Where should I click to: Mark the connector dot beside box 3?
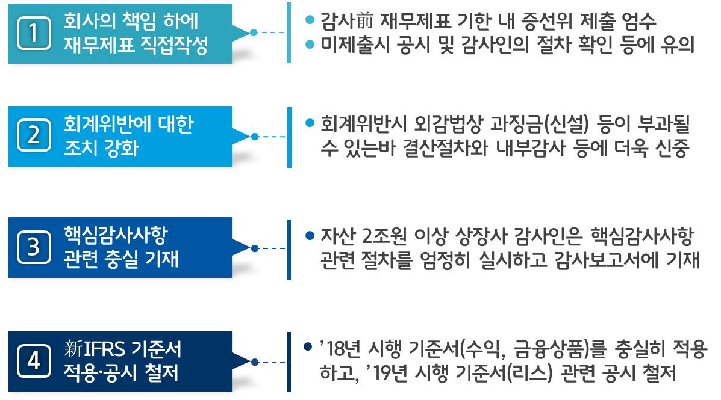click(x=254, y=248)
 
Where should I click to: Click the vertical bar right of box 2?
click(x=289, y=137)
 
